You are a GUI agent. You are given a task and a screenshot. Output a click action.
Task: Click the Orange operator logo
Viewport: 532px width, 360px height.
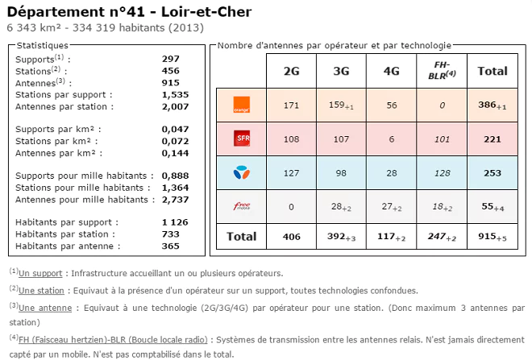[241, 104]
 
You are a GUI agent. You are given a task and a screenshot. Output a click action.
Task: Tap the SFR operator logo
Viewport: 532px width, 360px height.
[241, 138]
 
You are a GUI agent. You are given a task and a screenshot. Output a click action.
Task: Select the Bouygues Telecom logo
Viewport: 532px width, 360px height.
[241, 172]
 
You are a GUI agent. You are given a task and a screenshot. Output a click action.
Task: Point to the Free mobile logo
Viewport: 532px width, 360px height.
[241, 205]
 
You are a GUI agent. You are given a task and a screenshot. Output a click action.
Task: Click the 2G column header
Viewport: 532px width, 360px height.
[291, 71]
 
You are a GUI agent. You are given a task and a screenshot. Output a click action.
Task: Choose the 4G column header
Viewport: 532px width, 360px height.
[391, 71]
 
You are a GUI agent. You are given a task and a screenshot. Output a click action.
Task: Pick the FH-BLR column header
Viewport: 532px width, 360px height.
[441, 70]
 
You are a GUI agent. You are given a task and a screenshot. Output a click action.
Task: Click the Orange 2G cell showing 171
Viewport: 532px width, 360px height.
[291, 106]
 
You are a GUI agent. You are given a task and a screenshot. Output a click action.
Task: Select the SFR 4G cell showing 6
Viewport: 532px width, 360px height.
[391, 139]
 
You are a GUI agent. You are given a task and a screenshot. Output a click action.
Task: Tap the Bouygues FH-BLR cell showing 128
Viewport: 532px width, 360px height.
[441, 172]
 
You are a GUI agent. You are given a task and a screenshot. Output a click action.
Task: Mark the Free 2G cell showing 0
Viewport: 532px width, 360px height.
[291, 206]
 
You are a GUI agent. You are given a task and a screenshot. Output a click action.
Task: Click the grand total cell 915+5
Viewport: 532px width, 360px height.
[493, 237]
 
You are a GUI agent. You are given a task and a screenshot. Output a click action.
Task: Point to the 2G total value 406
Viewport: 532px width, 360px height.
[291, 237]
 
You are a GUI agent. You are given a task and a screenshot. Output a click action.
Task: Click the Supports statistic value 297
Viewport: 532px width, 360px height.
[170, 59]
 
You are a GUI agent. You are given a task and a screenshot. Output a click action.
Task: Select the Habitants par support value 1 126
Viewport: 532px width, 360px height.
[175, 221]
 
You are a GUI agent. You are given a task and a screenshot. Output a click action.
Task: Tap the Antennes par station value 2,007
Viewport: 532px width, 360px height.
[175, 106]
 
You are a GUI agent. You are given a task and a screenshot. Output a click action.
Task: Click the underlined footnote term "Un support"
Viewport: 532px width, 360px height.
[41, 274]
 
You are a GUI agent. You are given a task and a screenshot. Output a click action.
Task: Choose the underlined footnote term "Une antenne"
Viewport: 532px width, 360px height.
[44, 308]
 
